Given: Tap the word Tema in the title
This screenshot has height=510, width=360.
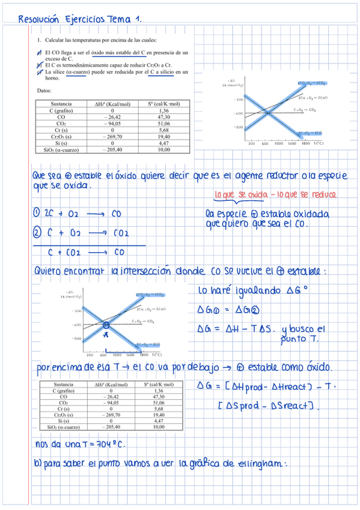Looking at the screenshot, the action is tap(120, 19).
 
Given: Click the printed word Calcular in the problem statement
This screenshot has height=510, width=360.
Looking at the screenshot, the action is tap(58, 40).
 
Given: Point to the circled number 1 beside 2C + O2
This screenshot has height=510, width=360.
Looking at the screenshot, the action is tap(37, 213).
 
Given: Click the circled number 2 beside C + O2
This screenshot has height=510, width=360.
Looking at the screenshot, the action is tap(37, 233).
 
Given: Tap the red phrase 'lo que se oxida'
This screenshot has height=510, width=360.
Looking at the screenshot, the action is tap(238, 195).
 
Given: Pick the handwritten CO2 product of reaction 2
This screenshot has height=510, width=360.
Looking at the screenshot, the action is tap(122, 233).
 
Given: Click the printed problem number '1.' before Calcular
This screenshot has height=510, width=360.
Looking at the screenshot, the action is tap(40, 40).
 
